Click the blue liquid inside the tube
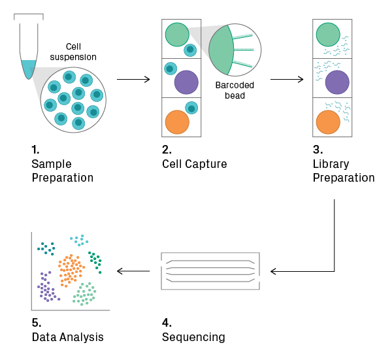pyautogui.click(x=28, y=69)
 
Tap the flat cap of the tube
pyautogui.click(x=29, y=15)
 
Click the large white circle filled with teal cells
pyautogui.click(x=73, y=100)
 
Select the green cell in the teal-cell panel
pyautogui.click(x=176, y=35)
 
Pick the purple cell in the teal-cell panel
pyautogui.click(x=186, y=82)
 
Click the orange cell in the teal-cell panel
pyautogui.click(x=177, y=122)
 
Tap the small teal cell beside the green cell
pyautogui.click(x=190, y=50)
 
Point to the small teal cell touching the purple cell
pyautogui.click(x=171, y=69)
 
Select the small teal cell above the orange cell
pyautogui.click(x=191, y=108)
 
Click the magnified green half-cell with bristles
pyautogui.click(x=223, y=50)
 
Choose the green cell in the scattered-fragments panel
pyautogui.click(x=328, y=35)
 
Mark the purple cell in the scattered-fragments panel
pyautogui.click(x=337, y=82)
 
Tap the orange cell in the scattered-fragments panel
pyautogui.click(x=328, y=122)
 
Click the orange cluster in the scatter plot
pyautogui.click(x=71, y=270)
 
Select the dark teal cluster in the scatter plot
pyautogui.click(x=46, y=248)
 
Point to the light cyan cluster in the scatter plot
pyautogui.click(x=79, y=240)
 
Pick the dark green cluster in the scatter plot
pyautogui.click(x=95, y=261)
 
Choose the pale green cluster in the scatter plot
pyautogui.click(x=85, y=294)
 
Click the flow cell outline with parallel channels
pyautogui.click(x=210, y=270)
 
